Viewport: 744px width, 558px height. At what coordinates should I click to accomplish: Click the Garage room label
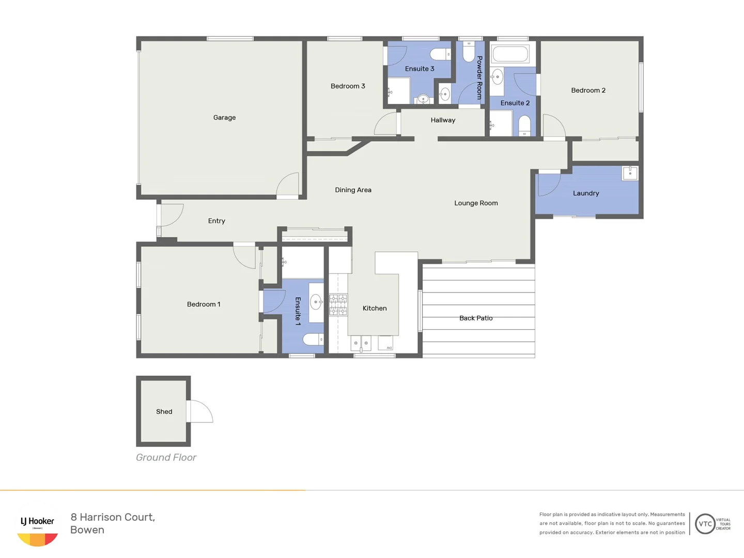(224, 118)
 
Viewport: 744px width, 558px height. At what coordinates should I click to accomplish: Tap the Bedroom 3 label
(348, 86)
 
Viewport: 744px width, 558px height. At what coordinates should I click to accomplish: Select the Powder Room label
(479, 78)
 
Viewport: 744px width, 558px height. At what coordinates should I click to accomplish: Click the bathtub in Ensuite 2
(510, 54)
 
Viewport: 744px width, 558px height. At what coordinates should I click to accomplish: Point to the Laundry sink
(630, 173)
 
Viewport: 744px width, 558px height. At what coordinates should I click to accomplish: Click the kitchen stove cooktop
(338, 304)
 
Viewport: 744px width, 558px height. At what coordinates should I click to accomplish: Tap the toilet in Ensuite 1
(313, 339)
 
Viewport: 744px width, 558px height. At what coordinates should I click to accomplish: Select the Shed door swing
(200, 411)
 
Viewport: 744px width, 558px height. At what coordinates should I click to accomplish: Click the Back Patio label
(476, 318)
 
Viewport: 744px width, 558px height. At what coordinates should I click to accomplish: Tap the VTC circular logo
(705, 524)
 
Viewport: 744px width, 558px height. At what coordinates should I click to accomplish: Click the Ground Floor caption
(166, 457)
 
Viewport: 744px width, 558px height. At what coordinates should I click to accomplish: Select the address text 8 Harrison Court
(113, 517)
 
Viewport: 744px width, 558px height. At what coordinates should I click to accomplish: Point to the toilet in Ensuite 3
(440, 54)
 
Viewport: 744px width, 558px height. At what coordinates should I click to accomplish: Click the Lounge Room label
(476, 203)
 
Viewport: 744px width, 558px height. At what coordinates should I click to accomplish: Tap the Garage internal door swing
(288, 184)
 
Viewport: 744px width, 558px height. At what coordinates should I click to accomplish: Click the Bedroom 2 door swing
(553, 126)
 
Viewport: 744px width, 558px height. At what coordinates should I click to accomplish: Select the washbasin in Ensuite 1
(316, 302)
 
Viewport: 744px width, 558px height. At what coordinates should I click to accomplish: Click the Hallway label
(443, 120)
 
